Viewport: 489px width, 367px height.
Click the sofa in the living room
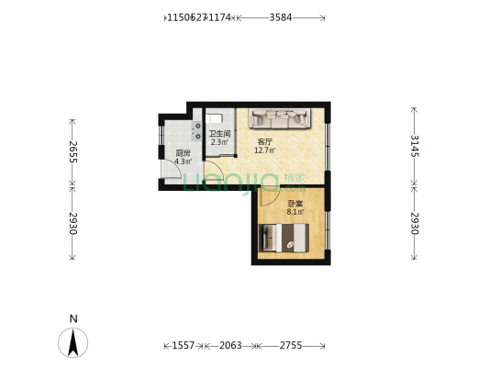[283, 118]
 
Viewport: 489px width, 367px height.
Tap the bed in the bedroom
[286, 238]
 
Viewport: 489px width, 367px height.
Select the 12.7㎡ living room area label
[266, 150]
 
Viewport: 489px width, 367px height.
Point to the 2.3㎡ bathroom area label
[220, 142]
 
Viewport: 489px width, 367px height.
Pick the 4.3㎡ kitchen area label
[183, 161]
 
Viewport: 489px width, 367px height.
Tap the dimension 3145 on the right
[414, 146]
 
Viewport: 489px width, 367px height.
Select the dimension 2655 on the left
[72, 151]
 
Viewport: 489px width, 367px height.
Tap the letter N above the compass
[73, 318]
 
